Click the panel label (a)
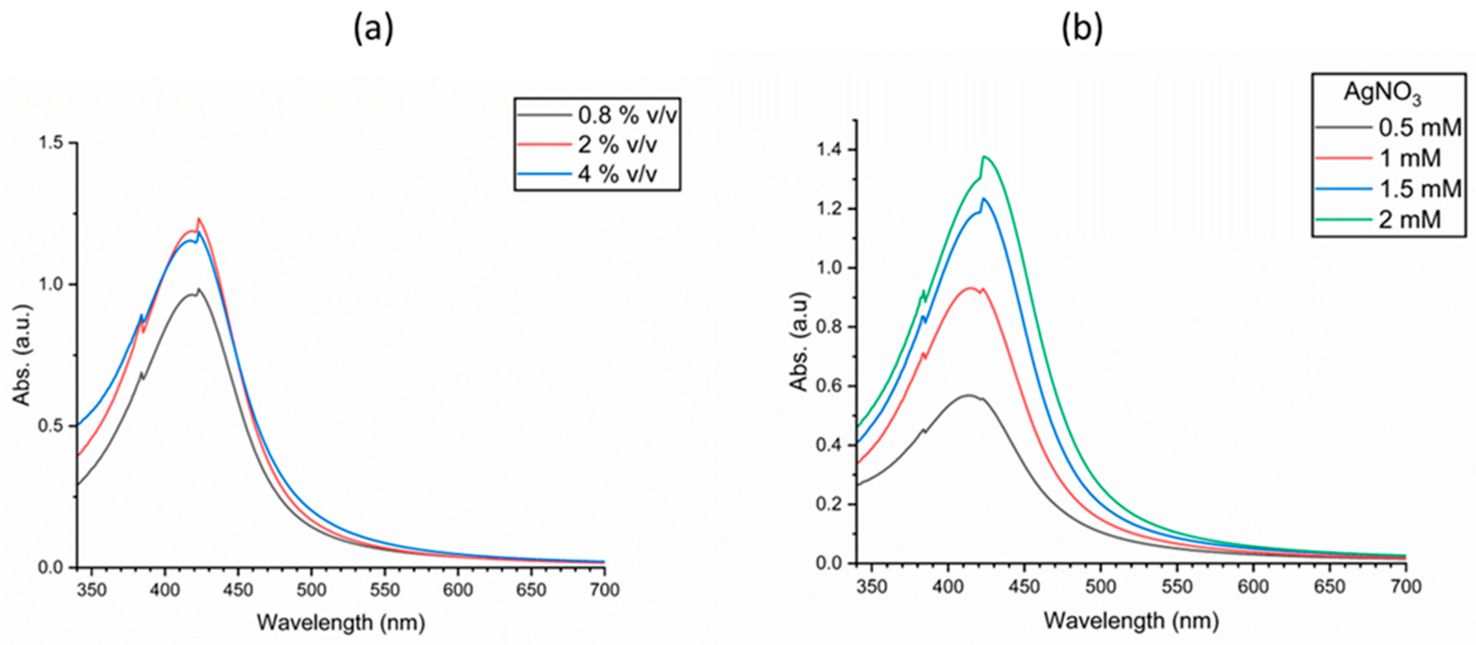(x=374, y=29)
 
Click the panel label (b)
(x=1081, y=29)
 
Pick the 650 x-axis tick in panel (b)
(x=1329, y=587)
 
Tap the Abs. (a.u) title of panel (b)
(x=799, y=342)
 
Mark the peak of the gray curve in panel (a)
(x=198, y=289)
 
